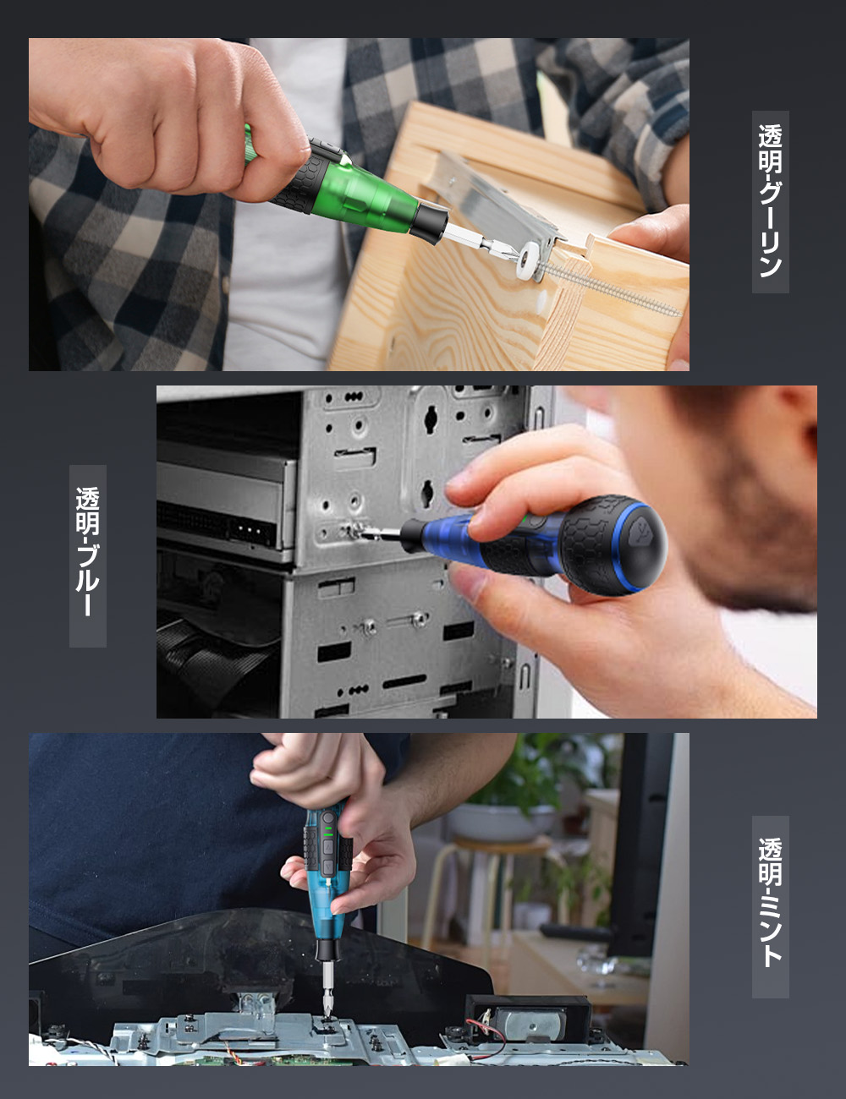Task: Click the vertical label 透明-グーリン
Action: click(770, 201)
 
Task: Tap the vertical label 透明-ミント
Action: click(770, 905)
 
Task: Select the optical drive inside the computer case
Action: click(224, 503)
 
